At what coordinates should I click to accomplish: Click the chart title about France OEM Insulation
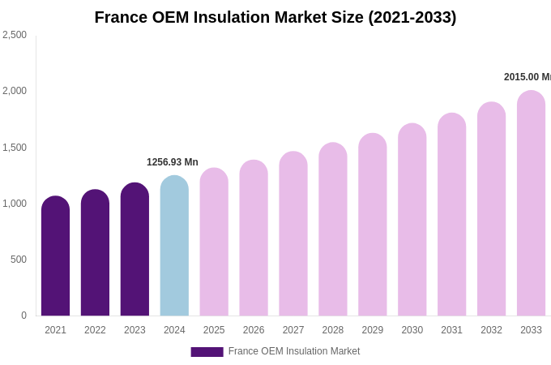point(275,17)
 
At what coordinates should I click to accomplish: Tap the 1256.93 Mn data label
point(172,162)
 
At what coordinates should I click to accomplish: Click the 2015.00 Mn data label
point(527,77)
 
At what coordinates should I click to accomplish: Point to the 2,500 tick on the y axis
point(15,35)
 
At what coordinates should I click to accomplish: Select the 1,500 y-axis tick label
point(15,148)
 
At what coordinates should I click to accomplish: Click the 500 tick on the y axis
point(18,260)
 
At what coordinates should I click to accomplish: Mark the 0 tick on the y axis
point(23,316)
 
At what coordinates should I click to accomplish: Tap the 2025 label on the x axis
point(214,330)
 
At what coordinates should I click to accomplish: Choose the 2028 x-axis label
point(333,330)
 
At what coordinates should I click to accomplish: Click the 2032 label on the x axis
point(491,330)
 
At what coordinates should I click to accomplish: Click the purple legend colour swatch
point(207,352)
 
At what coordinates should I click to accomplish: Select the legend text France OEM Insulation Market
point(294,351)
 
